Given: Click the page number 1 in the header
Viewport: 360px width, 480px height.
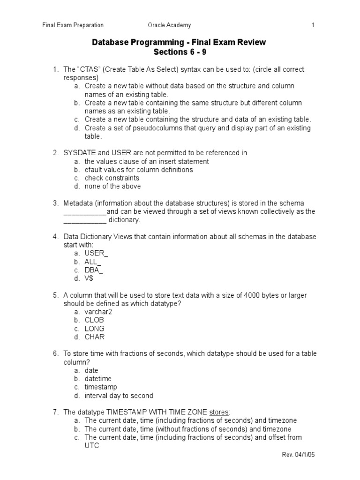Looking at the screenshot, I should pyautogui.click(x=313, y=25).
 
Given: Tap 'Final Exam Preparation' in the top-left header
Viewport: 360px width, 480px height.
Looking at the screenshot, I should pyautogui.click(x=73, y=25).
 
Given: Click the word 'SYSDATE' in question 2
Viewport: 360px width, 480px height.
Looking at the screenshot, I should pyautogui.click(x=79, y=153).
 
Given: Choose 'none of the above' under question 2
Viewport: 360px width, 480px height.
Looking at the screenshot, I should pyautogui.click(x=112, y=186).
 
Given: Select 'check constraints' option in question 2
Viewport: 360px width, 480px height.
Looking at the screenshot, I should pyautogui.click(x=112, y=178).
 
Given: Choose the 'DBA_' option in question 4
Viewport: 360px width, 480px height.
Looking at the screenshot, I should pyautogui.click(x=94, y=270).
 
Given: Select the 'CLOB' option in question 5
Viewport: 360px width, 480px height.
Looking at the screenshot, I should pyautogui.click(x=94, y=320).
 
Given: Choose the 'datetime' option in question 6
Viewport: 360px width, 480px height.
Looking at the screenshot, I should pyautogui.click(x=98, y=378).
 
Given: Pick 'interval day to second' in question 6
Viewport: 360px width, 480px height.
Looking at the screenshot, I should pyautogui.click(x=119, y=395).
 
